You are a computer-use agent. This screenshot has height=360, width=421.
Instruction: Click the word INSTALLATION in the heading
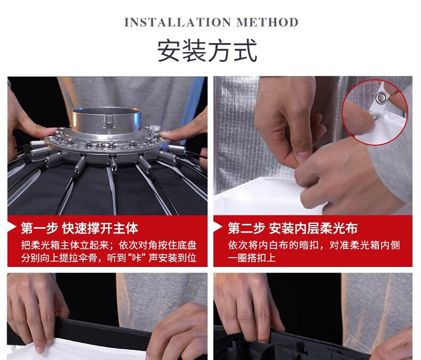pos(177,22)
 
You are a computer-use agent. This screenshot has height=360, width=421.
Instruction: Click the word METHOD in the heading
pos(267,22)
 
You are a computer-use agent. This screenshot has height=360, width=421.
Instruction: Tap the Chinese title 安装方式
pos(207,50)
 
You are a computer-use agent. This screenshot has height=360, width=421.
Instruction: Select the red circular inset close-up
pos(375,112)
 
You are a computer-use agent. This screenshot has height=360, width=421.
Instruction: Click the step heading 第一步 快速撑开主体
pos(80,228)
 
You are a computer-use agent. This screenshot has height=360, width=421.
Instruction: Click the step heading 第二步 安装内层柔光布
pos(292,228)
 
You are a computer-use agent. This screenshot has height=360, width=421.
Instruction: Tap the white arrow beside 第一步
pos(12,228)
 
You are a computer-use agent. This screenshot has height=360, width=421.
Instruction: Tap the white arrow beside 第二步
pos(218,228)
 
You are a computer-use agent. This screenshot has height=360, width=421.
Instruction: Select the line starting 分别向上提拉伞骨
pos(109,258)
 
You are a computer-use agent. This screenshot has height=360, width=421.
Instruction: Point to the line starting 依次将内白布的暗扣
pos(314,245)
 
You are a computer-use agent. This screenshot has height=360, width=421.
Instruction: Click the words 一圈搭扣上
pos(252,258)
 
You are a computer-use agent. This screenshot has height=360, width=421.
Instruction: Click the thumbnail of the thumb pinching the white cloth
pos(303,155)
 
